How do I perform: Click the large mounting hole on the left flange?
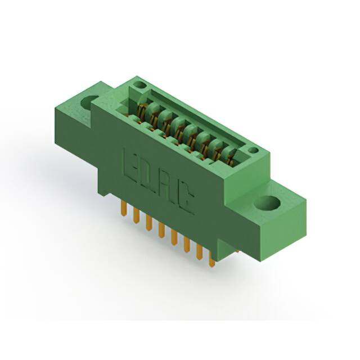(x=89, y=103)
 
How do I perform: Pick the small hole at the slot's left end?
(x=140, y=85)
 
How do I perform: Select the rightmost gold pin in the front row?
(x=211, y=259)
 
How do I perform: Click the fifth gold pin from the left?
(x=173, y=238)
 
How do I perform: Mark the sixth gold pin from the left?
(x=186, y=245)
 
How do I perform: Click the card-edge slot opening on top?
(x=191, y=127)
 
